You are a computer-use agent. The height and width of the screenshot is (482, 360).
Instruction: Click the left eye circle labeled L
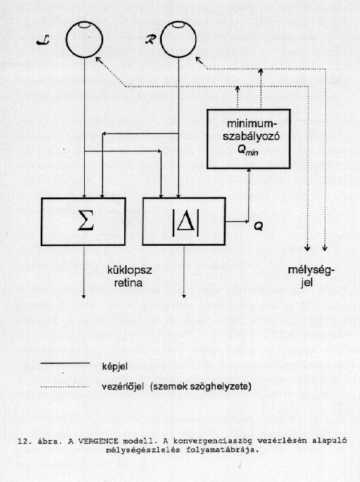coord(66,40)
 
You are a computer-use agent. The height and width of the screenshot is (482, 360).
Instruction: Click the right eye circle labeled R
coord(161,39)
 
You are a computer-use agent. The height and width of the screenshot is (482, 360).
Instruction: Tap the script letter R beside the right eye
coord(151,39)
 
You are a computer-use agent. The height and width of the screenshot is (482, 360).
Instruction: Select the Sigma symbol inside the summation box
coord(85,221)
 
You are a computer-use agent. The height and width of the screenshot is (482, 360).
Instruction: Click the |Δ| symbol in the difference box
coord(185,223)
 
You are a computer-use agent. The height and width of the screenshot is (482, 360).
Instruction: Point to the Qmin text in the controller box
coord(248,150)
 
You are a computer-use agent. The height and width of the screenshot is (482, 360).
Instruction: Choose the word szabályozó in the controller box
coord(251,136)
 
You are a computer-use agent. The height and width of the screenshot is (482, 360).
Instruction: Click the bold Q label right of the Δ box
coord(259,227)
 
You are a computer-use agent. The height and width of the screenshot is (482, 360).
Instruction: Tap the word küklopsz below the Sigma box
coord(130,271)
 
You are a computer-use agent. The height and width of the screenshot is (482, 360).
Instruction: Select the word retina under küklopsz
coord(128,283)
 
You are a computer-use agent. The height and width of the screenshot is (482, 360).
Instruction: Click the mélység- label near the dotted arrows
coord(311,270)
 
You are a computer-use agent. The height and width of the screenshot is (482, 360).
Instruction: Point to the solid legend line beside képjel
coord(65,364)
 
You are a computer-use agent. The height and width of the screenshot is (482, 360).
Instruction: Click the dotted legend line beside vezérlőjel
coord(64,387)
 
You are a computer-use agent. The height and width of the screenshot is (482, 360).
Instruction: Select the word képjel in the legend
coord(115,367)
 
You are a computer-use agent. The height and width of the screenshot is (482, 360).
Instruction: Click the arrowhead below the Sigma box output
coord(84,296)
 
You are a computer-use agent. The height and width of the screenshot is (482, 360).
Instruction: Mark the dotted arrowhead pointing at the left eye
coord(98,60)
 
